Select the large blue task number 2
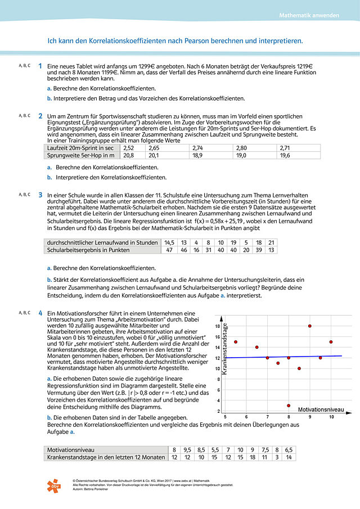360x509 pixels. pos(40,116)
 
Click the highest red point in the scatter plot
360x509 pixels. pos(309,326)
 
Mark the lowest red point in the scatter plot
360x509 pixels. pos(289,406)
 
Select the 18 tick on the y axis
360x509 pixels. pos(217,326)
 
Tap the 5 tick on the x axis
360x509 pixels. pos(224,417)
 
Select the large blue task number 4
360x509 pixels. pos(40,313)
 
